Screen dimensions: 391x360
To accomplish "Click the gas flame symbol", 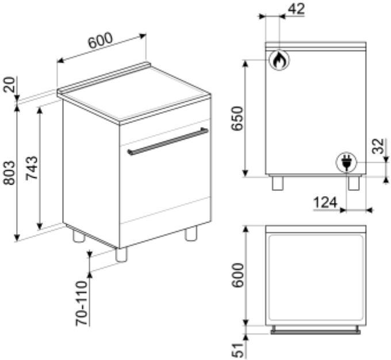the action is tap(279, 60).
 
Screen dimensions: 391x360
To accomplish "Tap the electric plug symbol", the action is tap(346, 162).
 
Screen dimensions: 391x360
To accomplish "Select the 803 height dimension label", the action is tap(9, 173).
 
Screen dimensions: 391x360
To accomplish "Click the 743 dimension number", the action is tap(32, 168).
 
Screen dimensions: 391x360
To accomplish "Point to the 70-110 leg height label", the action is tap(82, 304).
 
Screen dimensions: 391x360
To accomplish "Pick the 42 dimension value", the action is tap(296, 9).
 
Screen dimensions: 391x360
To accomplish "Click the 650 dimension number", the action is tap(237, 118).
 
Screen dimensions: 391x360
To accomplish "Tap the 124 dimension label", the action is tap(325, 202).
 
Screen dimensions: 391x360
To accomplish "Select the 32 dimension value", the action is tap(378, 147).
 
